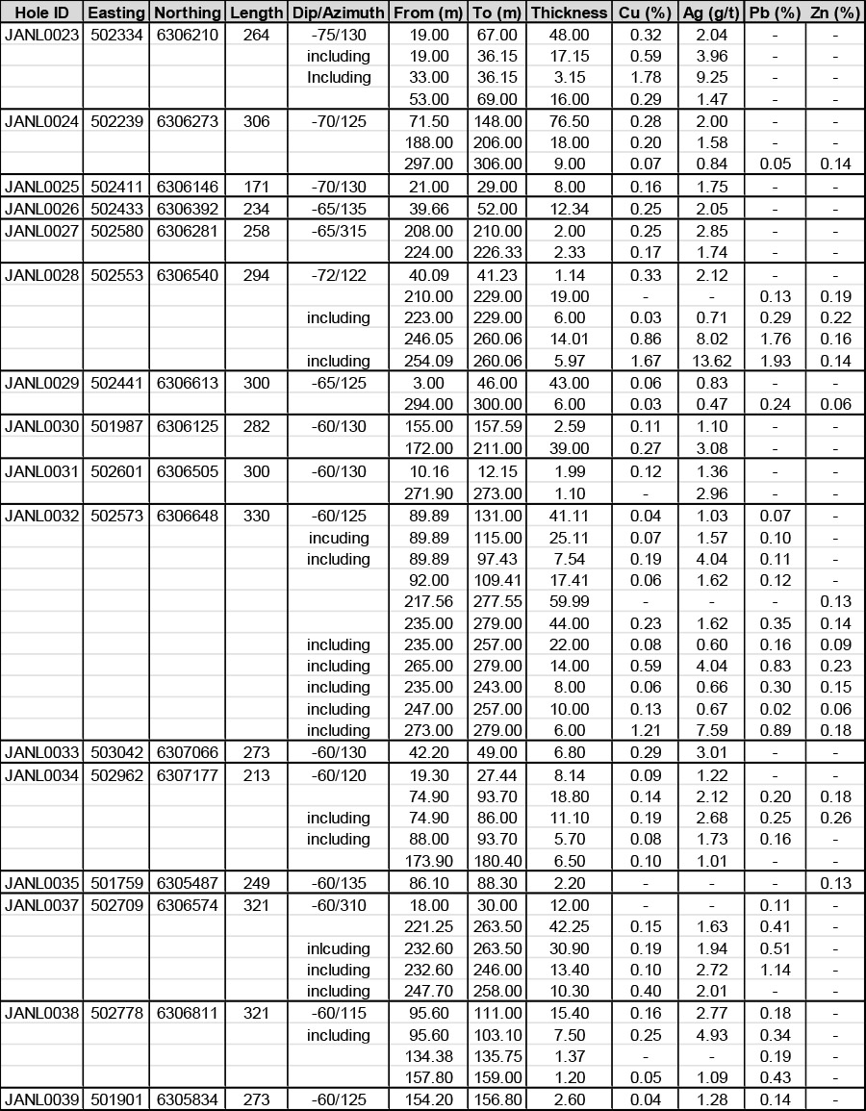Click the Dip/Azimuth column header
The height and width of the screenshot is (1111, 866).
point(338,13)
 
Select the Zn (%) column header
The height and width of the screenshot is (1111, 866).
point(834,13)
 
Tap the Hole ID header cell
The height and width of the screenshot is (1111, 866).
point(41,13)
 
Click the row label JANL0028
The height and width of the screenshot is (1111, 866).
point(41,275)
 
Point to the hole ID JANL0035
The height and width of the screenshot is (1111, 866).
point(41,883)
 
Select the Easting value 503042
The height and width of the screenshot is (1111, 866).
point(116,752)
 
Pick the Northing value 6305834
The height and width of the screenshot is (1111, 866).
point(186,1099)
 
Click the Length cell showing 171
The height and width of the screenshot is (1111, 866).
point(257,187)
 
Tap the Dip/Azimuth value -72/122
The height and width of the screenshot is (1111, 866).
point(338,275)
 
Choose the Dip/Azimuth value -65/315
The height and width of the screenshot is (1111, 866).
point(338,231)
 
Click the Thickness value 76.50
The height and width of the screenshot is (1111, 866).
point(569,121)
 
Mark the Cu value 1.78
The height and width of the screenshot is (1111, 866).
point(645,77)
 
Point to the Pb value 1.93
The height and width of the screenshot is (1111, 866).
point(774,361)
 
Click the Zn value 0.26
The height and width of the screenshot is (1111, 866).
point(834,818)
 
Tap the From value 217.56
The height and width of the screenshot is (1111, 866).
point(428,601)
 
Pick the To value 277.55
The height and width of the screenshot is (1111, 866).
point(497,601)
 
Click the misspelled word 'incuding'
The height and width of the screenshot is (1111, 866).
point(338,538)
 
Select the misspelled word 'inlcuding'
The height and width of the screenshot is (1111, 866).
point(338,948)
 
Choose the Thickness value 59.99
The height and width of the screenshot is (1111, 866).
point(569,601)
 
